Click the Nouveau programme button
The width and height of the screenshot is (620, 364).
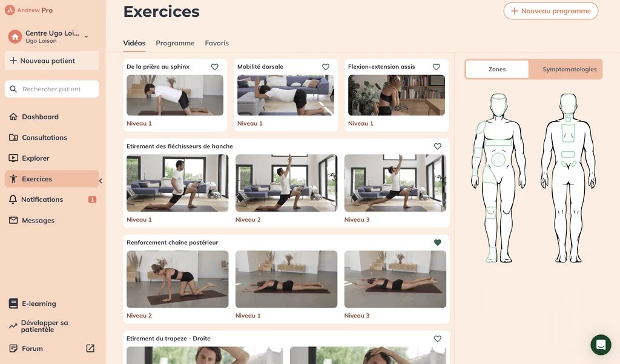[550, 11]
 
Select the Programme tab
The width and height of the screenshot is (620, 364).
[175, 43]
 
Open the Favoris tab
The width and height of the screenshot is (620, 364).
[217, 43]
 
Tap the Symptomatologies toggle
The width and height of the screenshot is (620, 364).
[569, 69]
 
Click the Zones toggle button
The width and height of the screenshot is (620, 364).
[497, 69]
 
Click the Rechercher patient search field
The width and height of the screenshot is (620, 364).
[52, 89]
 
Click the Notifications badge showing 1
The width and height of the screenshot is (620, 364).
[92, 200]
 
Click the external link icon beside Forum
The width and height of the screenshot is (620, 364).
[90, 348]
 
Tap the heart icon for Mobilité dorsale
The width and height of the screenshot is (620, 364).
[325, 67]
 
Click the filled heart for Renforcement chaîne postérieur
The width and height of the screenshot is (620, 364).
[437, 242]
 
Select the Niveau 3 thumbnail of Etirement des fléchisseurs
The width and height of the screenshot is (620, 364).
[395, 183]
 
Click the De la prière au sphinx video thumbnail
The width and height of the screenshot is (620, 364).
[175, 95]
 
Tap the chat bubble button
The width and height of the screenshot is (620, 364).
[601, 345]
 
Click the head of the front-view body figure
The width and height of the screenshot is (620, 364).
[498, 105]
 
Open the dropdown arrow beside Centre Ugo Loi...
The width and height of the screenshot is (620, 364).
[86, 37]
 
